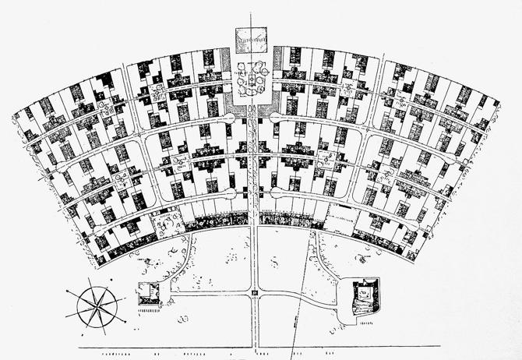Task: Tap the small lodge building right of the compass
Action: (149, 292)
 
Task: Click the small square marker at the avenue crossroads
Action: (254, 293)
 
